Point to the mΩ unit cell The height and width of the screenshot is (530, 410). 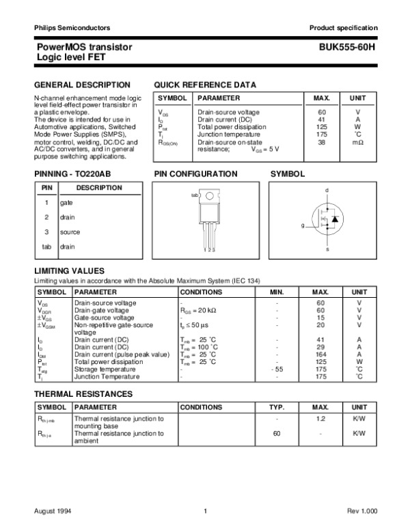[x=357, y=142]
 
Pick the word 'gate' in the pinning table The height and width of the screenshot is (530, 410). [x=66, y=203]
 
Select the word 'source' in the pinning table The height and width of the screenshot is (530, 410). [x=70, y=232]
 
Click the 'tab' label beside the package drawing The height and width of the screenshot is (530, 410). [x=194, y=195]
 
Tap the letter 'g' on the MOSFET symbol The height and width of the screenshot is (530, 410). [x=302, y=225]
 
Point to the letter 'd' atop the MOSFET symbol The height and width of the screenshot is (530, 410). [x=327, y=189]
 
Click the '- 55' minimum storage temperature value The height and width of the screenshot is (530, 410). [x=277, y=369]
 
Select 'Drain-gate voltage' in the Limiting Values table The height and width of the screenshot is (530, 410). [x=102, y=309]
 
